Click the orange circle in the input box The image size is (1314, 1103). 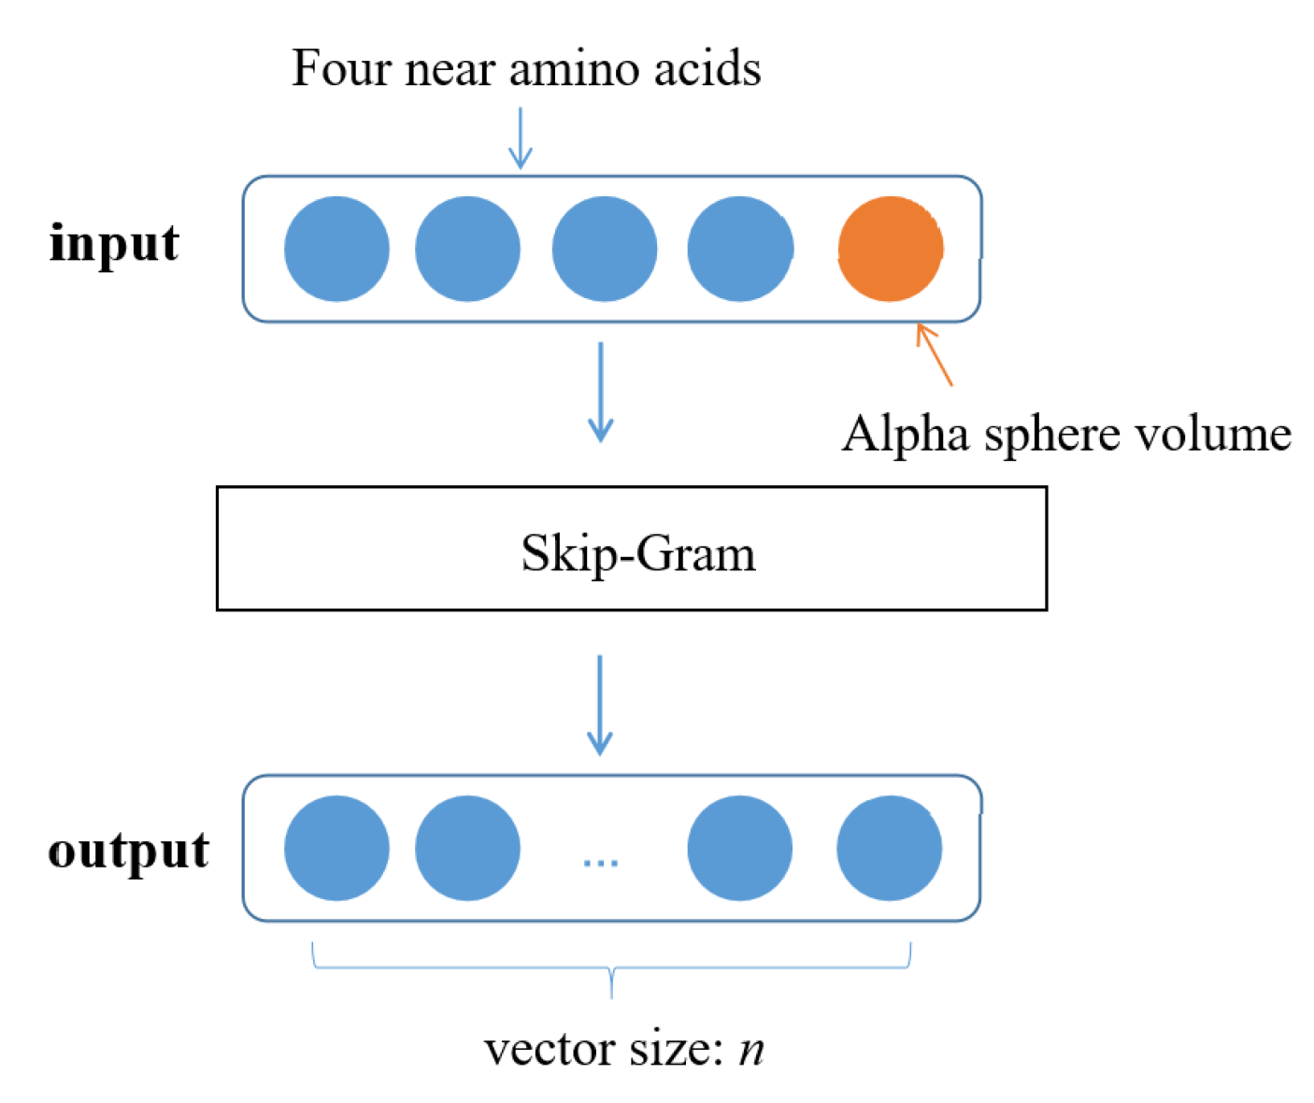(890, 249)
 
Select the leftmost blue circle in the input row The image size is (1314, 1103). (336, 249)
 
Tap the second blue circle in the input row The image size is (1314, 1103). (467, 249)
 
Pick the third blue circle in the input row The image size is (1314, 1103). (605, 249)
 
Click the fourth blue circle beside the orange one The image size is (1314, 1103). (740, 249)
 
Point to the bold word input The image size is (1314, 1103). (114, 245)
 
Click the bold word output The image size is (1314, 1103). (129, 851)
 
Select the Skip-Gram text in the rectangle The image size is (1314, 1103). (638, 553)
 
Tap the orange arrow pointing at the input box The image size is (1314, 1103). (934, 354)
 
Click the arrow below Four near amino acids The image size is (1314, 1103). (521, 138)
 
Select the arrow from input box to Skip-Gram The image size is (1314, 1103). (600, 392)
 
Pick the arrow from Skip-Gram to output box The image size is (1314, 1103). (600, 705)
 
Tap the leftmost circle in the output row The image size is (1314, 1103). (336, 848)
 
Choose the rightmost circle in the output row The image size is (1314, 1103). (890, 848)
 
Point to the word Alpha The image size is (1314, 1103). (905, 435)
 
